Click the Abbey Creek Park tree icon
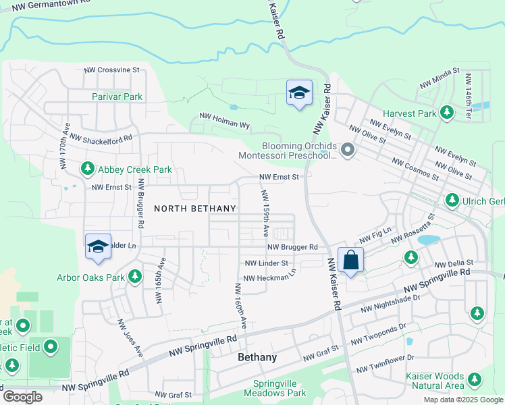(88, 168)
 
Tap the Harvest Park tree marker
(446, 113)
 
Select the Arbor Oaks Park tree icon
(135, 276)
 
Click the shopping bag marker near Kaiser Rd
(351, 260)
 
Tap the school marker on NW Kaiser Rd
(299, 93)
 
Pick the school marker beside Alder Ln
(98, 246)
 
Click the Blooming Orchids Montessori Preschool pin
(348, 149)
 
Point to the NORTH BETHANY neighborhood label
(195, 209)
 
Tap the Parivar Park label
(117, 97)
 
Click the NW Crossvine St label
(111, 70)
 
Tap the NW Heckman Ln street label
(269, 277)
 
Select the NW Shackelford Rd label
(101, 139)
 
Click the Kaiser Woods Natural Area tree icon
(475, 381)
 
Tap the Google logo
(22, 397)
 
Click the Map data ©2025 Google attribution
(462, 400)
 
